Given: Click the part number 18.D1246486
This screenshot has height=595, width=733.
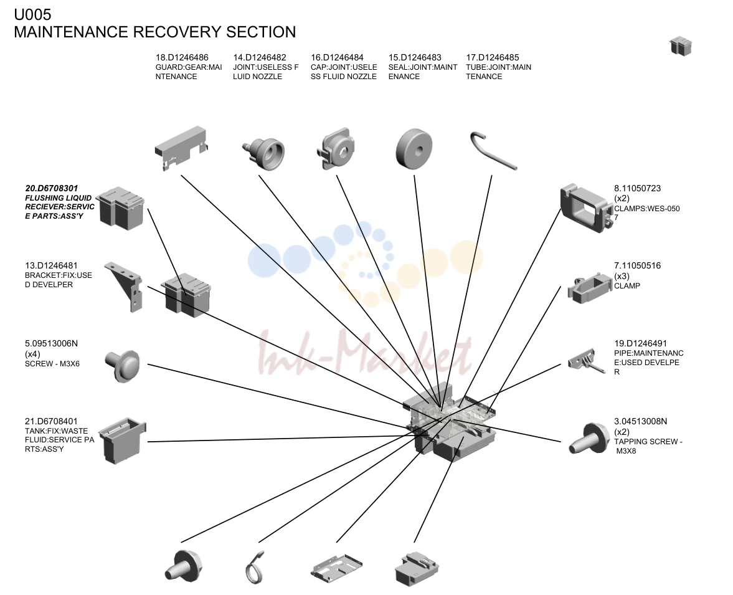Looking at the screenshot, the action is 182,57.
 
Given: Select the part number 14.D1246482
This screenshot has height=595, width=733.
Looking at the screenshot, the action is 260,57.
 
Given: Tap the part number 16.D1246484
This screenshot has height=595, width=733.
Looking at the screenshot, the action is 337,57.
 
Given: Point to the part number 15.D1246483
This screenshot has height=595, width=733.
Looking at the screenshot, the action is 415,57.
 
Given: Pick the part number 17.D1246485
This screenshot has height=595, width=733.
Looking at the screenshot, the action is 492,57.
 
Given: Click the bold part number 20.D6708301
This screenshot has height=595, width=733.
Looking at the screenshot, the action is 52,188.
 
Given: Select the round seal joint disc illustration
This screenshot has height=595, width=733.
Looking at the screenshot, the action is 414,149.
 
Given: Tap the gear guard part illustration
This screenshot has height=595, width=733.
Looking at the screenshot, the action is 181,148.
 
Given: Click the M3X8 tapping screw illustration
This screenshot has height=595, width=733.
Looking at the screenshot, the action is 587,438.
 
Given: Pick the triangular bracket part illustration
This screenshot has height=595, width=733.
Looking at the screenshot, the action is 124,286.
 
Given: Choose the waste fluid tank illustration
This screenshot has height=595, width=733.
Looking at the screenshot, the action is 123,440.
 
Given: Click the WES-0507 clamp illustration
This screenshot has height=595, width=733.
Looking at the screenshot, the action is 586,208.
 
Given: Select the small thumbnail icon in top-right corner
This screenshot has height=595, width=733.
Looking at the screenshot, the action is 681,46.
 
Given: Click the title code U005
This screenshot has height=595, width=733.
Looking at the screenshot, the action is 32,15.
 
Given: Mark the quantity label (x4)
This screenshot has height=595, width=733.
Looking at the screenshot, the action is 32,354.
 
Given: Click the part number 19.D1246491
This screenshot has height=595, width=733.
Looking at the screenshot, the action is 640,343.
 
